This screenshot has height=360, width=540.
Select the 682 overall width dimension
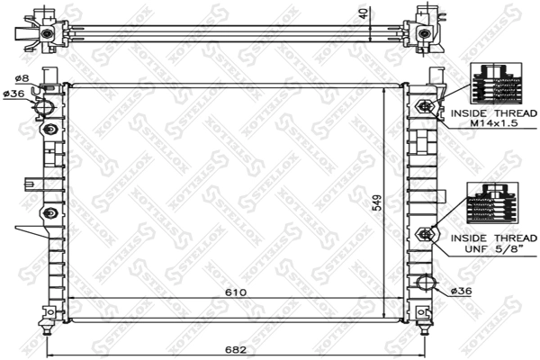coord(235,347)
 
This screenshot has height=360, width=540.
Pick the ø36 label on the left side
coord(13,94)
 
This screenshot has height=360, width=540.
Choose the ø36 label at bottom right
coord(460,290)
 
